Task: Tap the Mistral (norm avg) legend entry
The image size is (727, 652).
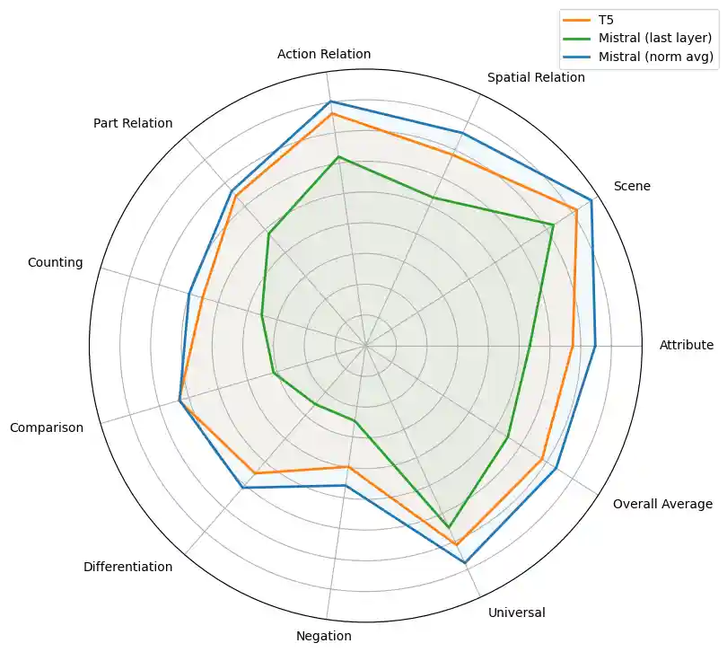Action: coord(654,57)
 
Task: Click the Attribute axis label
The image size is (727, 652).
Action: coord(686,345)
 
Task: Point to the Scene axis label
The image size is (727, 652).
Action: coord(632,187)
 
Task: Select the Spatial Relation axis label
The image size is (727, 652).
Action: coord(536,78)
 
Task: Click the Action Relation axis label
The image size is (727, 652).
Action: coord(324,54)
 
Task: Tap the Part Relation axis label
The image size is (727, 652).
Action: coord(133,123)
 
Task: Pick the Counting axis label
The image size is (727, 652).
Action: coord(56,263)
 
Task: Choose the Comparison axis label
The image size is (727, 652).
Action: coord(47,427)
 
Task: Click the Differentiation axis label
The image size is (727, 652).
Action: coord(127,567)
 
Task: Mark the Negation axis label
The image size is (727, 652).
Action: coord(323,636)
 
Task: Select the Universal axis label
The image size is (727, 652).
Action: coord(516,613)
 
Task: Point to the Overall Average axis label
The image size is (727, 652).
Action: coord(662,504)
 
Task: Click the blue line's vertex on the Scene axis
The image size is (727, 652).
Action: coord(591,199)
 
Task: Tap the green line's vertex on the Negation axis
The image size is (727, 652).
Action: coord(355,420)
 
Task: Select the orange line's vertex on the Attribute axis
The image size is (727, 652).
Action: coord(573,345)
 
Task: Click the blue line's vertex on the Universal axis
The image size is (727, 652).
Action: coord(465,563)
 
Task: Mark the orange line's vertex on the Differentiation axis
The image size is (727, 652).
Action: coord(255,473)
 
